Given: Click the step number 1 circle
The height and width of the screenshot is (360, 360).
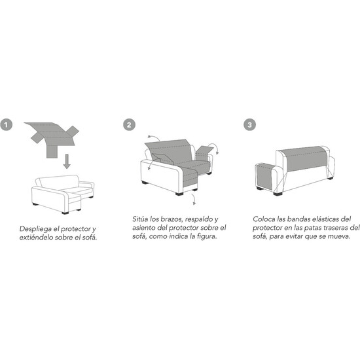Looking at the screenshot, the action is pos(6,124).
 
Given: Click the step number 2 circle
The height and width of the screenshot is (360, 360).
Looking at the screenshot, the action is pos(129,124).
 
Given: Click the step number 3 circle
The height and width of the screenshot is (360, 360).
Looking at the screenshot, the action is pos(249,124).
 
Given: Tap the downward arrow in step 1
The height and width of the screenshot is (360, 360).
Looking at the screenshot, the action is pos(67,162).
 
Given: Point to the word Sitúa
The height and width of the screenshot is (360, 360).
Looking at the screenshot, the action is pos(140,219).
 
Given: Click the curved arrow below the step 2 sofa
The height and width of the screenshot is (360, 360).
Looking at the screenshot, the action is pos(194,198).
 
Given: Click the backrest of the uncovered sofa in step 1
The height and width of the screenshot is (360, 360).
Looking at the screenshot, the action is pos(59,183).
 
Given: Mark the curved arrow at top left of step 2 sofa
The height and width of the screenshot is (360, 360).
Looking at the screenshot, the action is pos(154,137).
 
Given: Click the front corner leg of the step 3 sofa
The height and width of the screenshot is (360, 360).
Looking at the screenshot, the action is pos(278,194).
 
